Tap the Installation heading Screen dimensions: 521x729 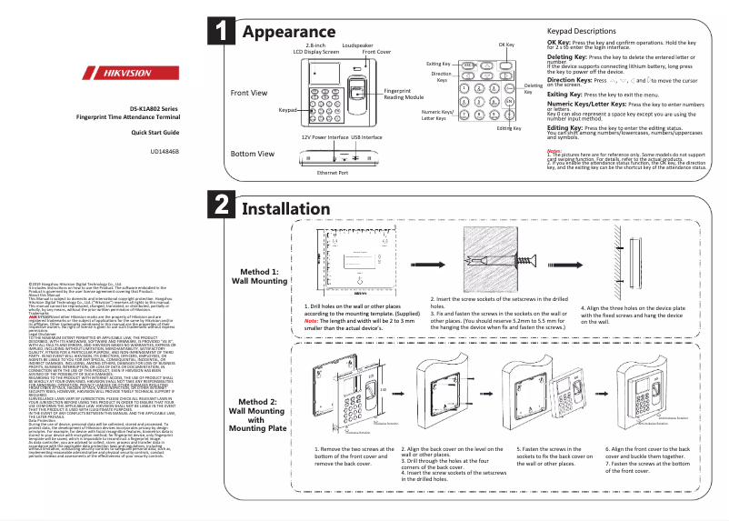point(293,208)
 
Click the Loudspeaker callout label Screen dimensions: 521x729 point(356,45)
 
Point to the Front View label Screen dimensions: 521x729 point(249,93)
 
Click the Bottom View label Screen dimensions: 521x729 point(253,154)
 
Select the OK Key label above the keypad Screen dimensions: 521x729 point(506,45)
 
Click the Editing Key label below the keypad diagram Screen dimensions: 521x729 point(509,128)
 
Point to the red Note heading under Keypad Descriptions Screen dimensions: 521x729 point(554,150)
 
